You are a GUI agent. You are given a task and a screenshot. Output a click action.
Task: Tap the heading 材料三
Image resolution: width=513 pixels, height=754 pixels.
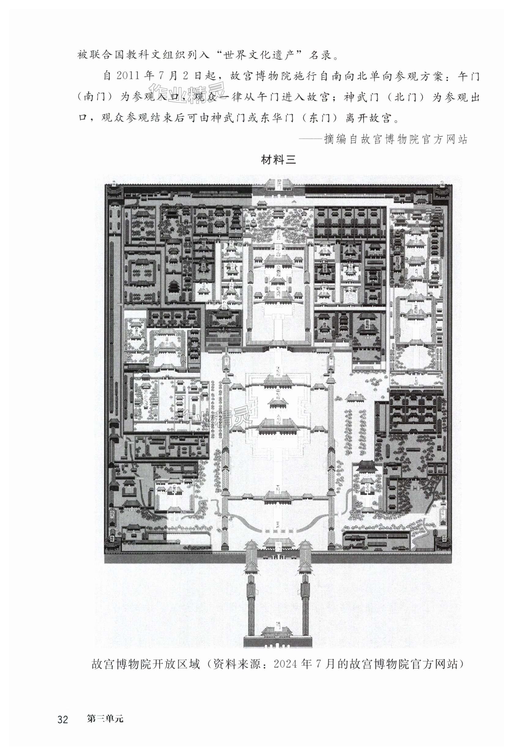coord(278,160)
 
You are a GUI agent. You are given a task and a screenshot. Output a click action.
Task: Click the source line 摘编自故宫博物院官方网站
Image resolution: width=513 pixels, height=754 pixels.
coord(396,139)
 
